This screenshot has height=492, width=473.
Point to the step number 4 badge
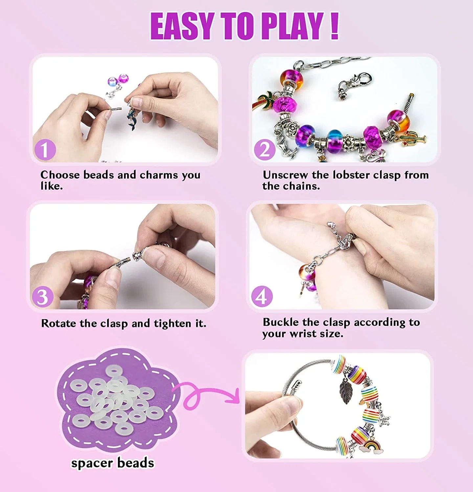tap(262, 297)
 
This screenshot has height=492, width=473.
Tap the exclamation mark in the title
tap(334, 26)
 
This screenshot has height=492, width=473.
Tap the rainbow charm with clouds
tap(370, 446)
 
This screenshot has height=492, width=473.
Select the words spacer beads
tap(113, 463)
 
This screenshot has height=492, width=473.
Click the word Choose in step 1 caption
tap(60, 175)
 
